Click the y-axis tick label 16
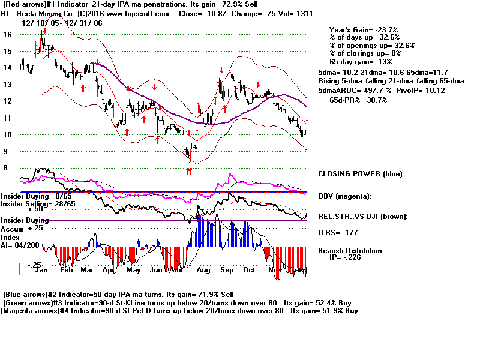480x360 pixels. pos(8,35)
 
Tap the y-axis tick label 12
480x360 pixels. pos(8,101)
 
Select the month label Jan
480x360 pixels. pos(42,271)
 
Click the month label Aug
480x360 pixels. pos(204,271)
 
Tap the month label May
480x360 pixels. pos(133,271)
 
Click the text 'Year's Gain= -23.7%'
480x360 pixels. pos(365,29)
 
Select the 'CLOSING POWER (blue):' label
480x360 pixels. pos(361,174)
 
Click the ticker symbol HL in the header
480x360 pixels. pos(5,13)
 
